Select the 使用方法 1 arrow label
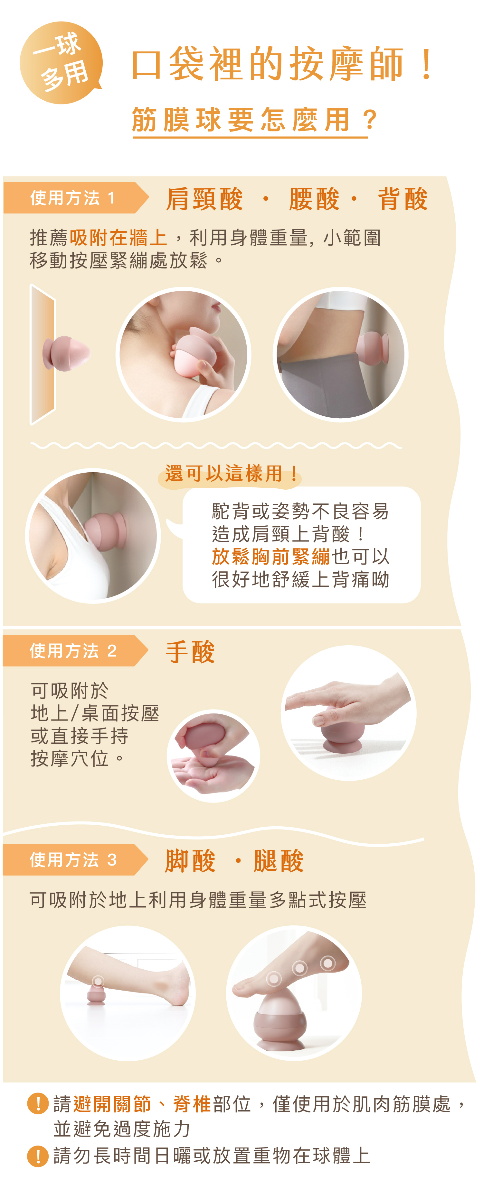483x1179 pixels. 76,198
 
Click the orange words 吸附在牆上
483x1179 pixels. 118,238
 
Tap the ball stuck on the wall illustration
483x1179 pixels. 66,353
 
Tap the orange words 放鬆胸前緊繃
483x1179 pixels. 271,557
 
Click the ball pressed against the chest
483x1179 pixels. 105,531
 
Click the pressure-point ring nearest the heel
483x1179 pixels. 328,963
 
